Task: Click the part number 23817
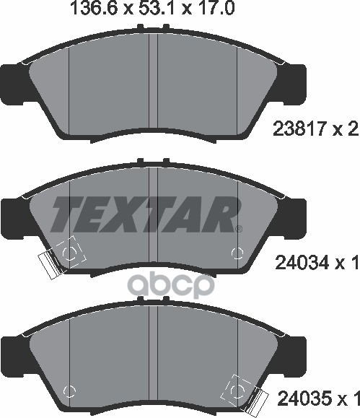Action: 299,129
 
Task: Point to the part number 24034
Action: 302,262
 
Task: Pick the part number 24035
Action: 305,406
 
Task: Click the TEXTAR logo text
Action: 146,214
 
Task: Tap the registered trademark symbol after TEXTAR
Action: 239,228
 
